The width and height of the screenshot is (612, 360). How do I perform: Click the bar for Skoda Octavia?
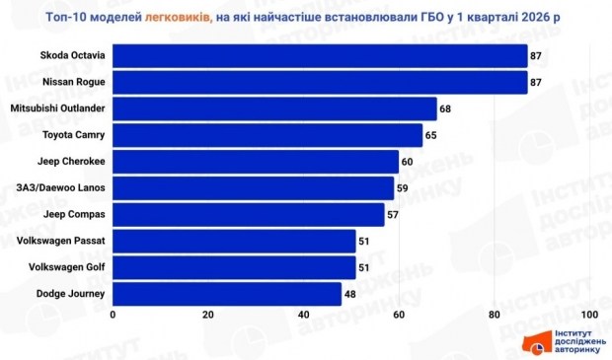(x=320, y=56)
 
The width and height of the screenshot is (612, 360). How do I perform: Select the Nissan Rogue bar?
(x=320, y=83)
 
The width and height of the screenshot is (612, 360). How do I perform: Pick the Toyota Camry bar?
(x=268, y=135)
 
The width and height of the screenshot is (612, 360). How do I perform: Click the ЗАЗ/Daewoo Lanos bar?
(x=254, y=188)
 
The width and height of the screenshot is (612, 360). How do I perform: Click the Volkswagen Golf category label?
(x=68, y=267)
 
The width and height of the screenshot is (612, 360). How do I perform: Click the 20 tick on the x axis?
(x=208, y=315)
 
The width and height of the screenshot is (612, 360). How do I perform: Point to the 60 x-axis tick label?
(x=399, y=315)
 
